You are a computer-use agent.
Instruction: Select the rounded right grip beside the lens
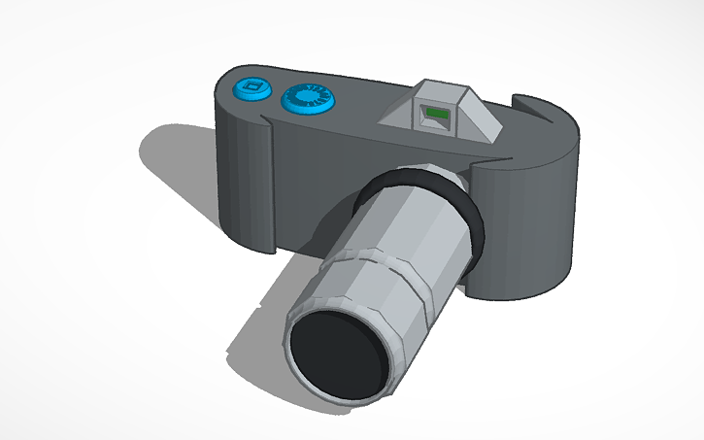tap(524, 233)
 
